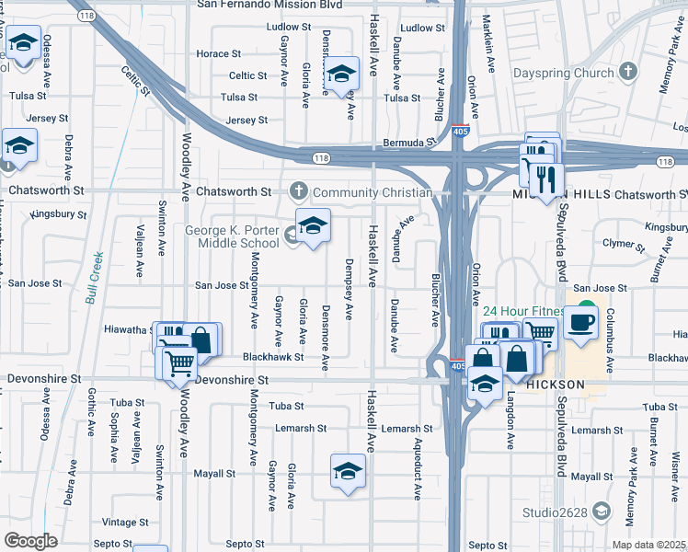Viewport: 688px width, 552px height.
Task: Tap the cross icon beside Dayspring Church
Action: (x=628, y=71)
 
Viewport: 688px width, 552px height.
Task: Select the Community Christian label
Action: (x=372, y=192)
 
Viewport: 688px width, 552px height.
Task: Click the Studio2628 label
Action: (x=550, y=512)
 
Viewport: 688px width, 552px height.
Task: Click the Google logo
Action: (x=31, y=540)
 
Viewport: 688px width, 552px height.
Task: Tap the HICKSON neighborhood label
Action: (x=556, y=384)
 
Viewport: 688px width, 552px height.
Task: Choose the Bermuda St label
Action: (x=408, y=144)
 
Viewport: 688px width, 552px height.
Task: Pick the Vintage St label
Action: (x=124, y=522)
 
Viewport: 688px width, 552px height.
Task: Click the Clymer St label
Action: (x=623, y=245)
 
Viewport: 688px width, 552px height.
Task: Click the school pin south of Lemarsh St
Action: (x=347, y=473)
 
